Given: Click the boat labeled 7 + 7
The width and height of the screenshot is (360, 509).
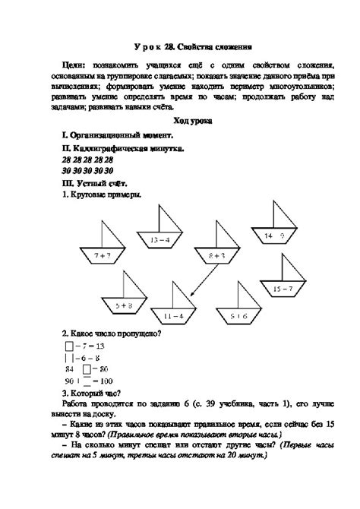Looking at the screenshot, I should [x=103, y=255].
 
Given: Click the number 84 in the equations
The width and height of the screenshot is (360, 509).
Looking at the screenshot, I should [x=70, y=368].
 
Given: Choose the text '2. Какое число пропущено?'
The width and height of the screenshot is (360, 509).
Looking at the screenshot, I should [x=112, y=334].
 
